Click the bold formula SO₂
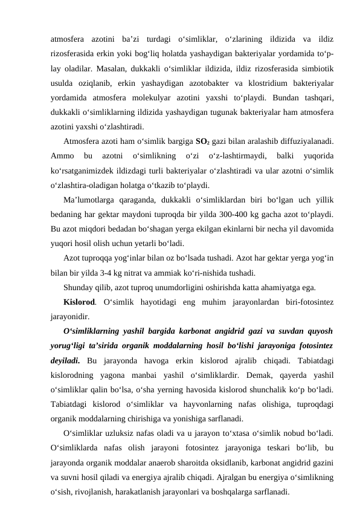pyautogui.click(x=202, y=142)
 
